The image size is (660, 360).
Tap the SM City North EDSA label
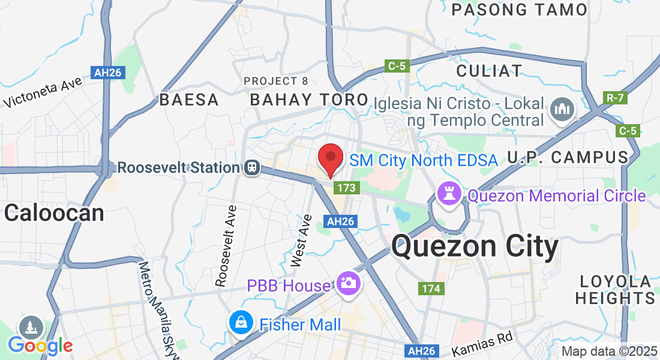click(423, 160)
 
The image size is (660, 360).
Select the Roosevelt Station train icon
click(252, 167)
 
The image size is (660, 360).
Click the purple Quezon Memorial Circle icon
click(449, 193)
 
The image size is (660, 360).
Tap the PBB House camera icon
click(347, 282)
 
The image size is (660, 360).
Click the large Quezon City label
click(475, 247)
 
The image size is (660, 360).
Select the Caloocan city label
click(54, 212)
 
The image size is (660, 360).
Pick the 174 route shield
click(431, 289)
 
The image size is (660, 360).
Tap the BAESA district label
click(189, 100)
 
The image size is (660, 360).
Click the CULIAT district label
click(489, 70)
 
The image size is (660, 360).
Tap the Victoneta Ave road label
click(43, 94)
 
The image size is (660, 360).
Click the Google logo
click(40, 345)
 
